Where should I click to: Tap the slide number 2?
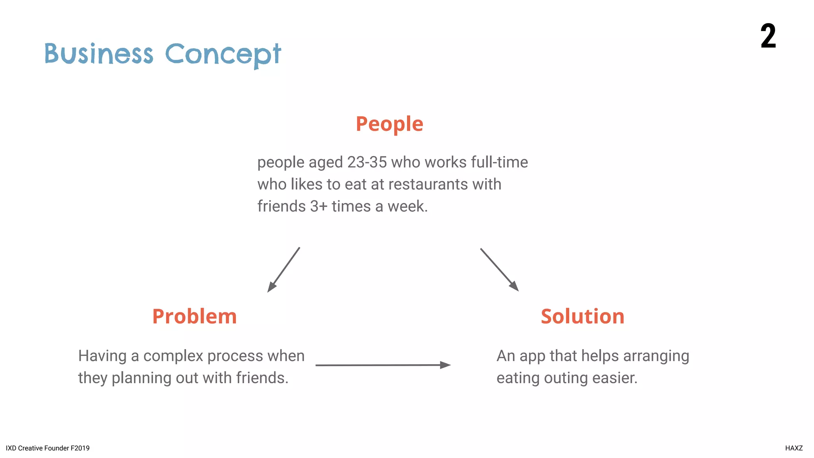point(768,36)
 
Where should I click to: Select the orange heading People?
point(389,124)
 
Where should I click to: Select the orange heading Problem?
point(194,316)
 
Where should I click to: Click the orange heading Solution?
point(582,316)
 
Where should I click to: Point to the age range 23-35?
point(366,162)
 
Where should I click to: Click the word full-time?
point(499,162)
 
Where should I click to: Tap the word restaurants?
point(428,184)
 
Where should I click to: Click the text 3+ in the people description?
point(319,206)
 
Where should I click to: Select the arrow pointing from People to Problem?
point(283,270)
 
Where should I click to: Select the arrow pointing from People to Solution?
point(499,270)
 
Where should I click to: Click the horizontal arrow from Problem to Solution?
point(382,365)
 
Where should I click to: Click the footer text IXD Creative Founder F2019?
point(48,448)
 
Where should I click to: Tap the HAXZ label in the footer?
point(794,448)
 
